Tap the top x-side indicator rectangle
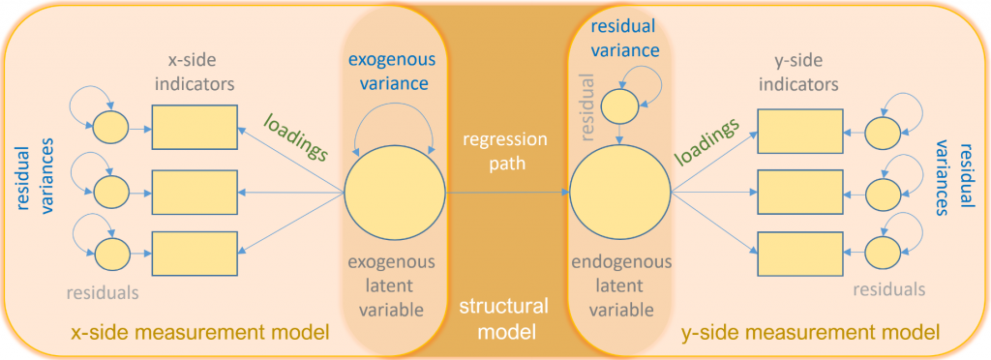point(195,127)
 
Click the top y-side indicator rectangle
point(797,130)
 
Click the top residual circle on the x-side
point(107,127)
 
